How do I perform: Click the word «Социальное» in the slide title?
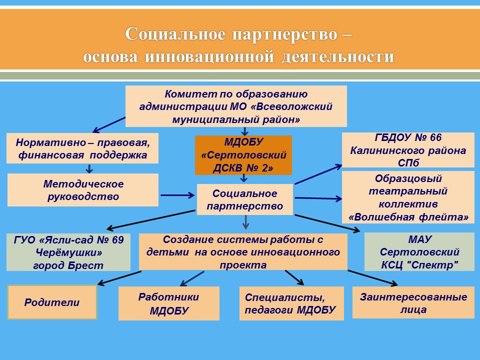[x=175, y=33]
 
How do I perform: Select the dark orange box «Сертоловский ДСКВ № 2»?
[x=243, y=155]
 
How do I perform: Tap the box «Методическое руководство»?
[x=83, y=190]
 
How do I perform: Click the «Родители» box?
[x=52, y=302]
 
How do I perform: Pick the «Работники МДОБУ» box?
[x=169, y=303]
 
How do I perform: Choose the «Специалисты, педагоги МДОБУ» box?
[x=291, y=303]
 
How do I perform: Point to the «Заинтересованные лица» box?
[x=413, y=303]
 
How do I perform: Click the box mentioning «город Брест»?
[x=68, y=252]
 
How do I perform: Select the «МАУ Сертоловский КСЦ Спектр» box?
[x=419, y=251]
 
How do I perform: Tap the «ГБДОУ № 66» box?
[x=408, y=150]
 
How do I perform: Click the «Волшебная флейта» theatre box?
[x=408, y=197]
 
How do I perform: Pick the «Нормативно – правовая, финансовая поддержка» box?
[x=82, y=148]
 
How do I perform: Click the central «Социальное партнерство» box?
[x=245, y=199]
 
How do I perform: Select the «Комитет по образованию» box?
[x=236, y=106]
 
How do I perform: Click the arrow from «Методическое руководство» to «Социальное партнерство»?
[x=177, y=195]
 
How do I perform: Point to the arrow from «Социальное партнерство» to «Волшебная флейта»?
[x=318, y=198]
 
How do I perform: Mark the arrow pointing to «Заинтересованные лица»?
[x=372, y=278]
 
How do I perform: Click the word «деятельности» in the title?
[x=337, y=57]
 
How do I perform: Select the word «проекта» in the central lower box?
[x=243, y=265]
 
